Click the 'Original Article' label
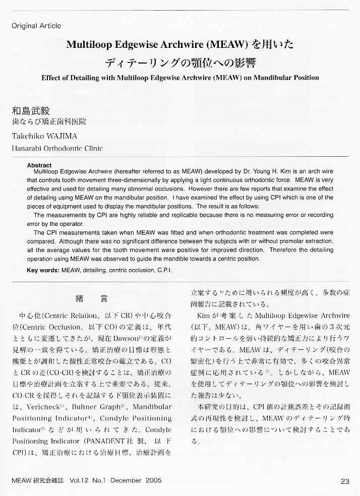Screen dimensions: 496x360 point(36,26)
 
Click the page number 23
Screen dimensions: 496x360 point(345,481)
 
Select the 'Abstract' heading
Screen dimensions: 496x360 point(39,165)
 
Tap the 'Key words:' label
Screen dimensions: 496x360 point(43,270)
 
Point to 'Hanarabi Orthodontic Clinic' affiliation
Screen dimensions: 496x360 point(57,148)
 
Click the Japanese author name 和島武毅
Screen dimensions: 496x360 point(31,111)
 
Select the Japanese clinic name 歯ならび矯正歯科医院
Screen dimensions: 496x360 point(49,122)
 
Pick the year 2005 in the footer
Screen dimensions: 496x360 point(153,481)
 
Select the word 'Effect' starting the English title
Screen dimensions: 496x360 point(51,78)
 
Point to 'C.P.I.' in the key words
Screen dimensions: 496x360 point(163,270)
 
